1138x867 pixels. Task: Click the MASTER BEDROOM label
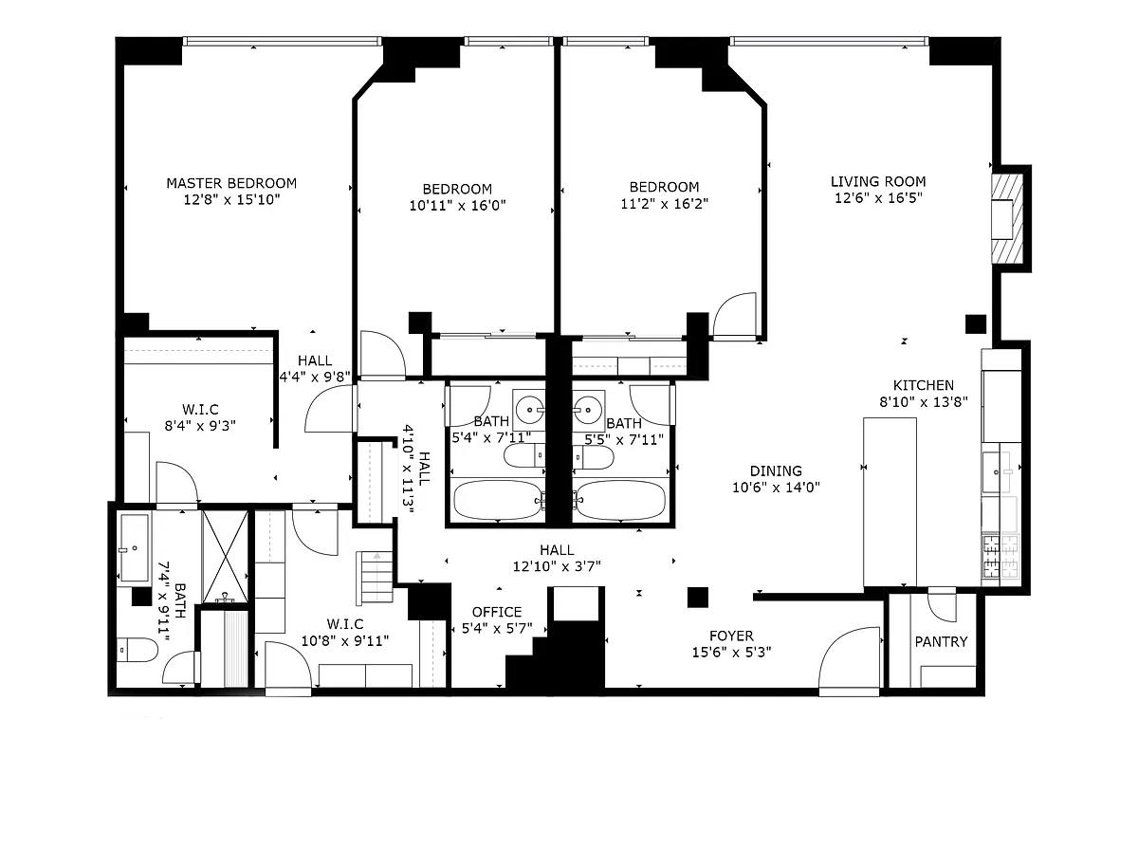(231, 183)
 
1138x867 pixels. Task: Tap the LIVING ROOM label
(878, 181)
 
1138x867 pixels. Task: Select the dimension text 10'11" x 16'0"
(457, 205)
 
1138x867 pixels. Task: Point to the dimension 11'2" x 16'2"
(664, 203)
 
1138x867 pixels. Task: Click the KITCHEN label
(924, 385)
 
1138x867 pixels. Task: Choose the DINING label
(776, 470)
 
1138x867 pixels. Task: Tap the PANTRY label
(941, 642)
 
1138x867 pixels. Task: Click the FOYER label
(731, 636)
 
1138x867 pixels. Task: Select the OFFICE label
(497, 612)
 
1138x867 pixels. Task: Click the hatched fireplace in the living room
(1007, 219)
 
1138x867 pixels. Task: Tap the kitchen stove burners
(1000, 557)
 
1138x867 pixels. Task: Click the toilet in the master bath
(137, 650)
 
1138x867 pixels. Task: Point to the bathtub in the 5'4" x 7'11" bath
(498, 501)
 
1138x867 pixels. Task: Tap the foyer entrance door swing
(849, 660)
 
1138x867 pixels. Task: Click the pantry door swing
(942, 604)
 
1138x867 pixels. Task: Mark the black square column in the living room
(975, 324)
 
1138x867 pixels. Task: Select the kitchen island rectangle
(890, 502)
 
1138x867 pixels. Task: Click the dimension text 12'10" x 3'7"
(557, 566)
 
